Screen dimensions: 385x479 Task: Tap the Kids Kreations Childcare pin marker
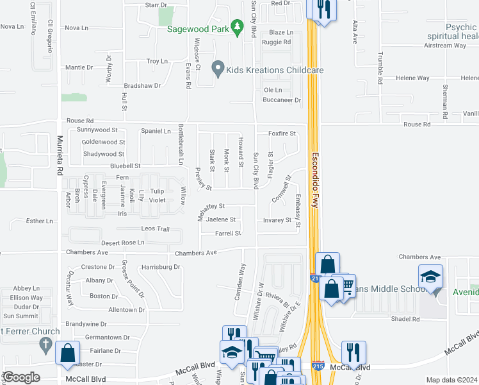[218, 69]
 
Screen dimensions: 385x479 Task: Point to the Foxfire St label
[282, 133]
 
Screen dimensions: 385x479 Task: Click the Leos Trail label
[155, 229]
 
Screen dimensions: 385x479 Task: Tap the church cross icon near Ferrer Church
[45, 345]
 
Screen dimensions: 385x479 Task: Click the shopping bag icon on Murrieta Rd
[68, 353]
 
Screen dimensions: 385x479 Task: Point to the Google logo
[20, 377]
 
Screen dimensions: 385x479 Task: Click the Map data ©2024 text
[451, 380]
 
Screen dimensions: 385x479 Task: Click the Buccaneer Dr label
[282, 100]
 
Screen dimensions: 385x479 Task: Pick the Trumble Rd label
[379, 68]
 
